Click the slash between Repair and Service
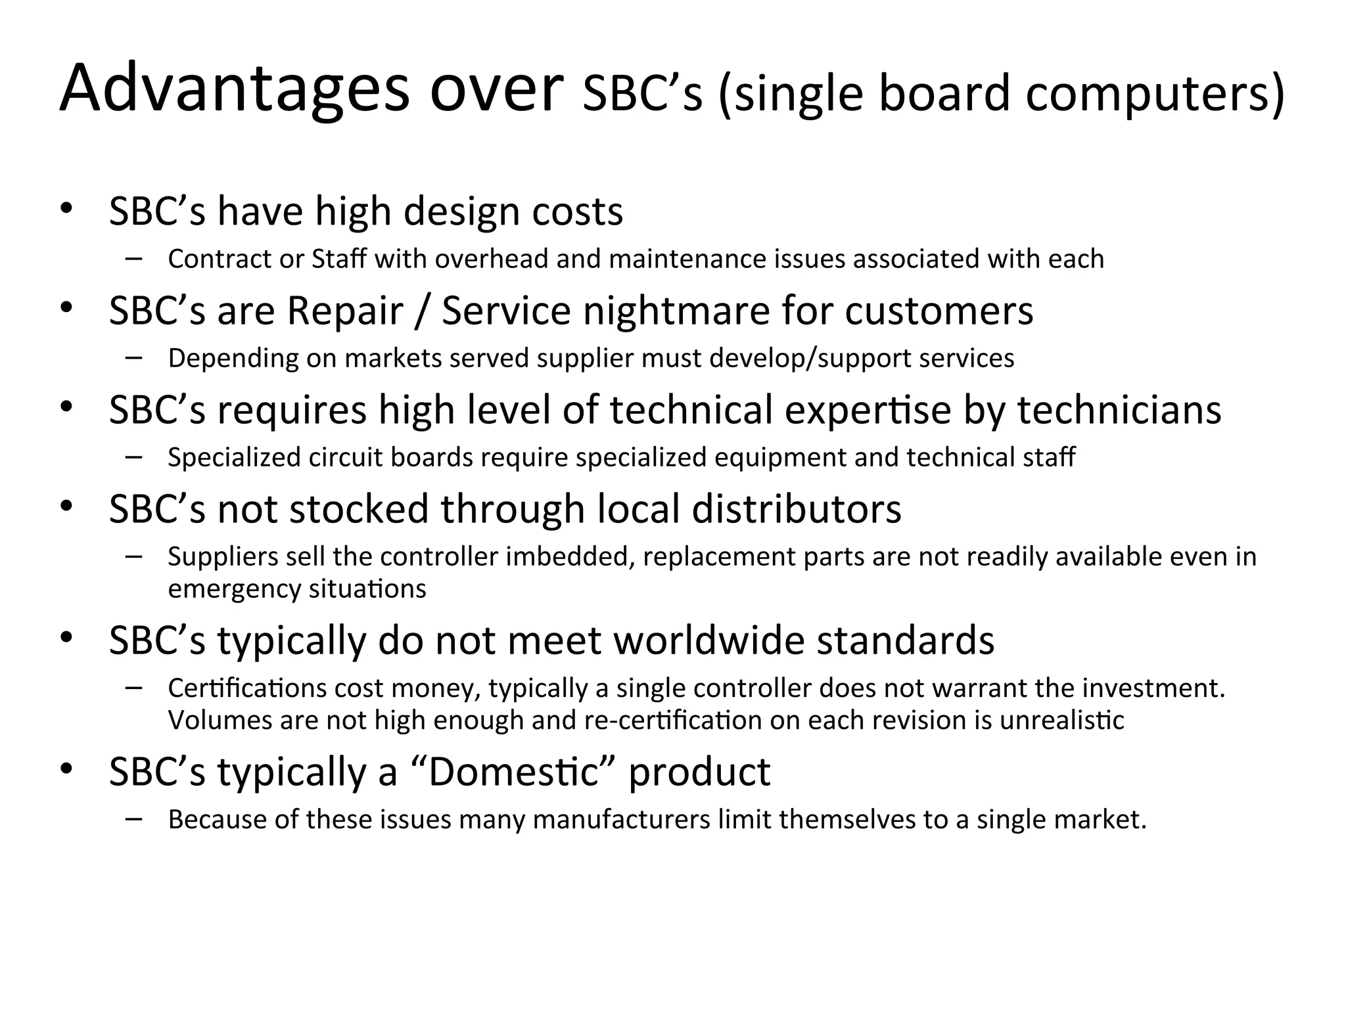(422, 311)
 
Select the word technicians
(1119, 410)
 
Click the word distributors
(797, 509)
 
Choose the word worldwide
(708, 640)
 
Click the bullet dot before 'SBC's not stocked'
(66, 506)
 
